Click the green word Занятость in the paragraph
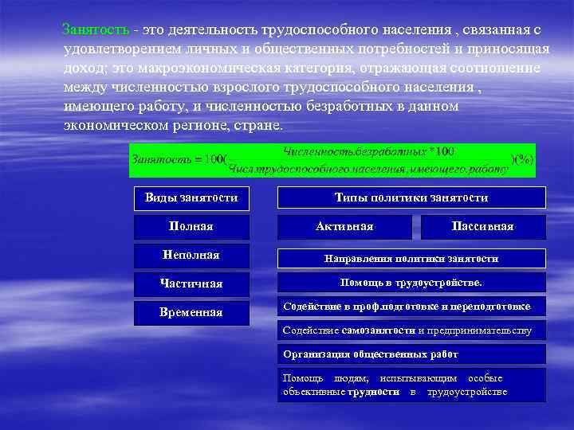click(x=95, y=29)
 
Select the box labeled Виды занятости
click(x=191, y=197)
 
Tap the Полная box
click(x=191, y=227)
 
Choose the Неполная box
click(x=191, y=255)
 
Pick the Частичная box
click(x=191, y=283)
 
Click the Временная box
click(x=191, y=313)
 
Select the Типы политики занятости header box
click(x=411, y=197)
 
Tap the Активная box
click(x=344, y=227)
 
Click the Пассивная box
click(x=482, y=227)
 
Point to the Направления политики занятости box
click(x=411, y=258)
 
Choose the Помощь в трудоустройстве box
click(x=411, y=283)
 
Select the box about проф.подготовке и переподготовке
click(x=411, y=307)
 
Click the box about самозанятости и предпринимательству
click(x=411, y=330)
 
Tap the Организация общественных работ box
click(x=411, y=354)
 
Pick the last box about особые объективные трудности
click(x=411, y=385)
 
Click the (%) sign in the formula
click(x=523, y=158)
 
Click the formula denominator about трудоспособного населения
click(x=368, y=167)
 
